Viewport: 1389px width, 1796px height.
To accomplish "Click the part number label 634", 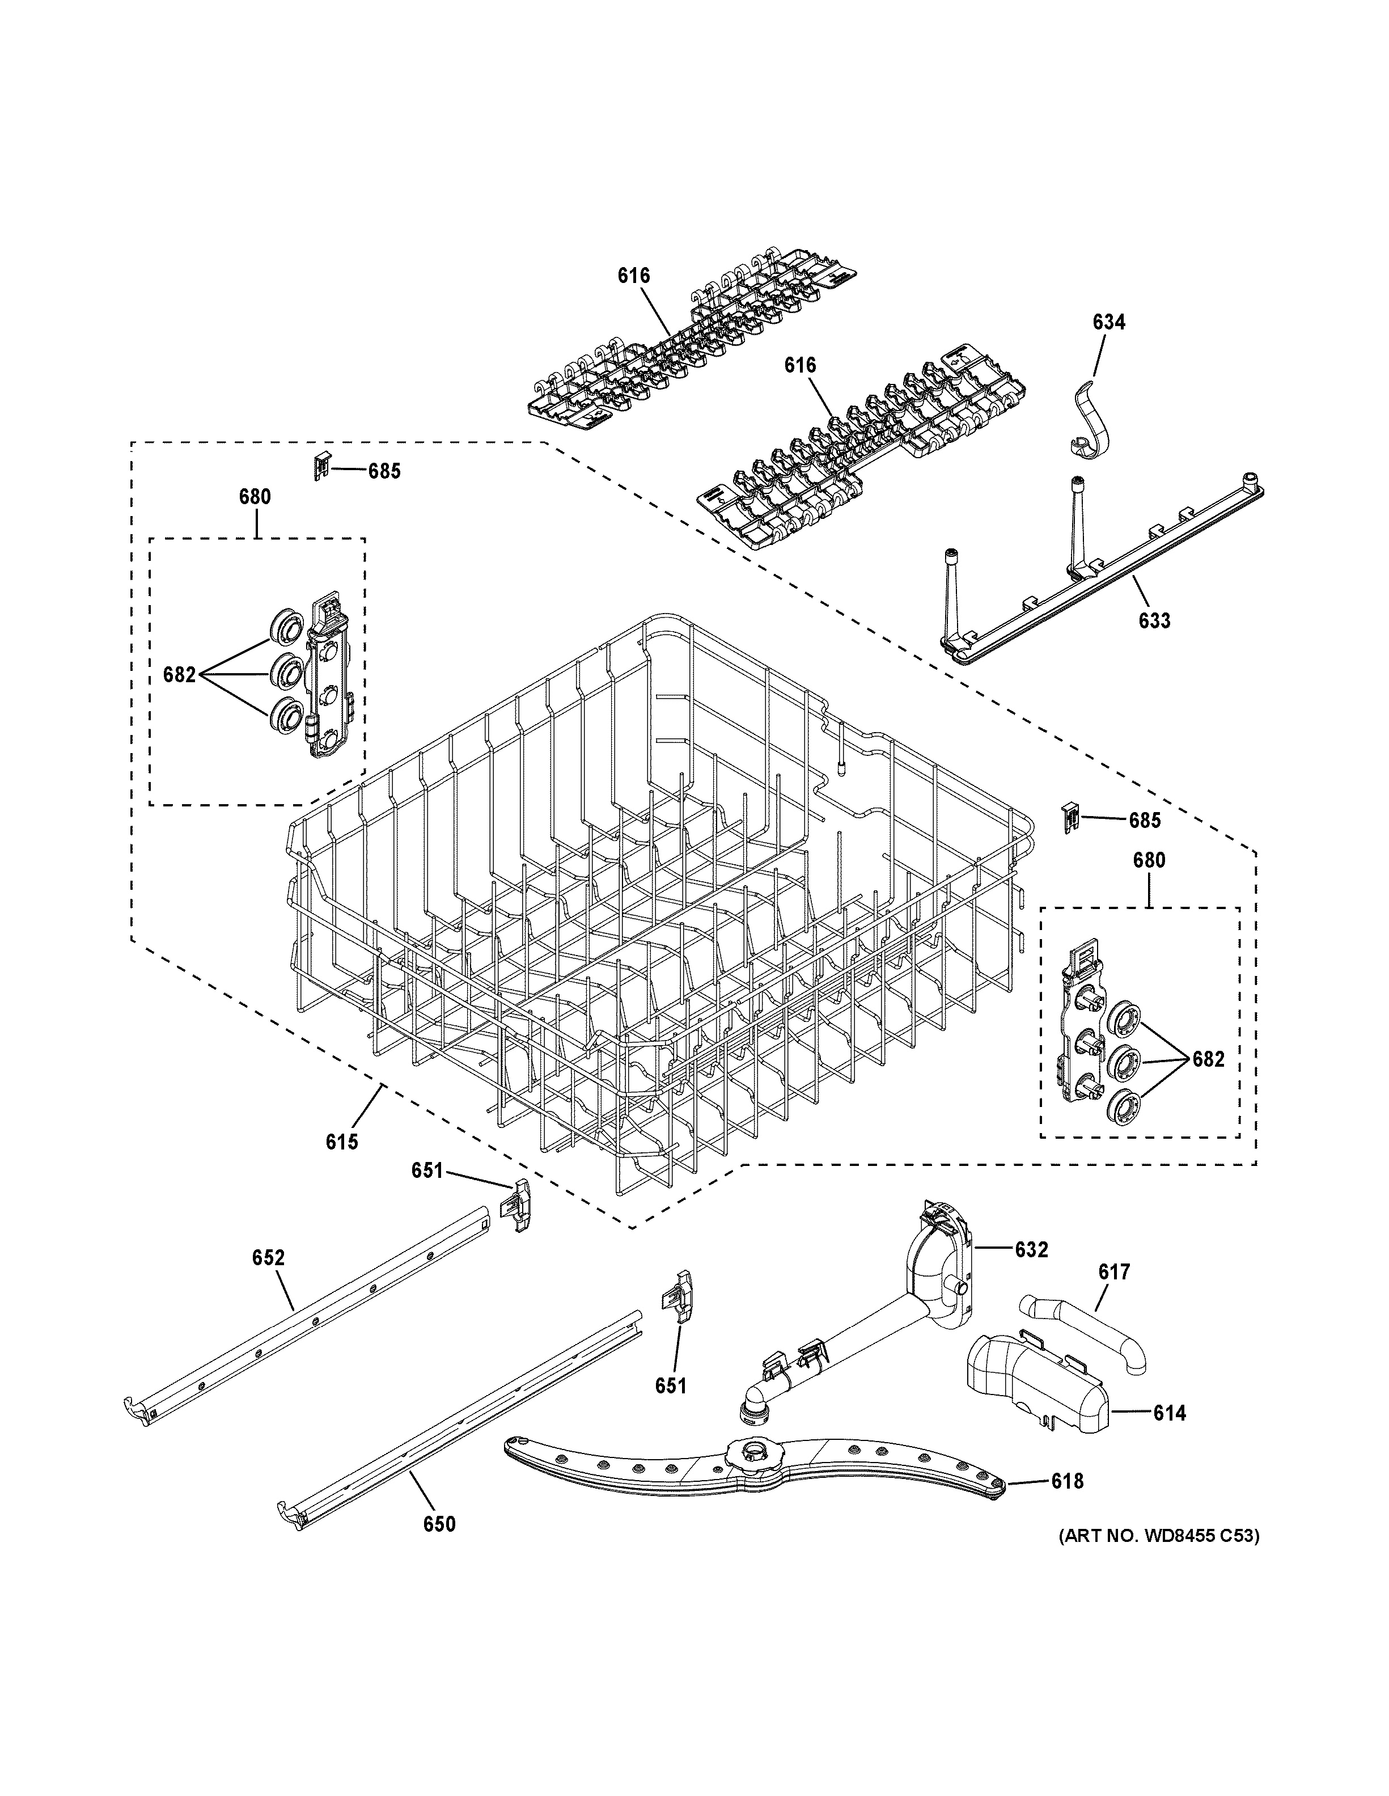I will click(x=1109, y=322).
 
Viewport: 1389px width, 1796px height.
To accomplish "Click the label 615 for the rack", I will click(x=341, y=1142).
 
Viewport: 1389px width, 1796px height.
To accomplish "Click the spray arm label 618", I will click(x=1067, y=1481).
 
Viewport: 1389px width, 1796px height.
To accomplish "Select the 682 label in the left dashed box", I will click(x=179, y=675).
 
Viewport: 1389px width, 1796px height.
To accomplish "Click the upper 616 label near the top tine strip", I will click(x=634, y=276).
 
